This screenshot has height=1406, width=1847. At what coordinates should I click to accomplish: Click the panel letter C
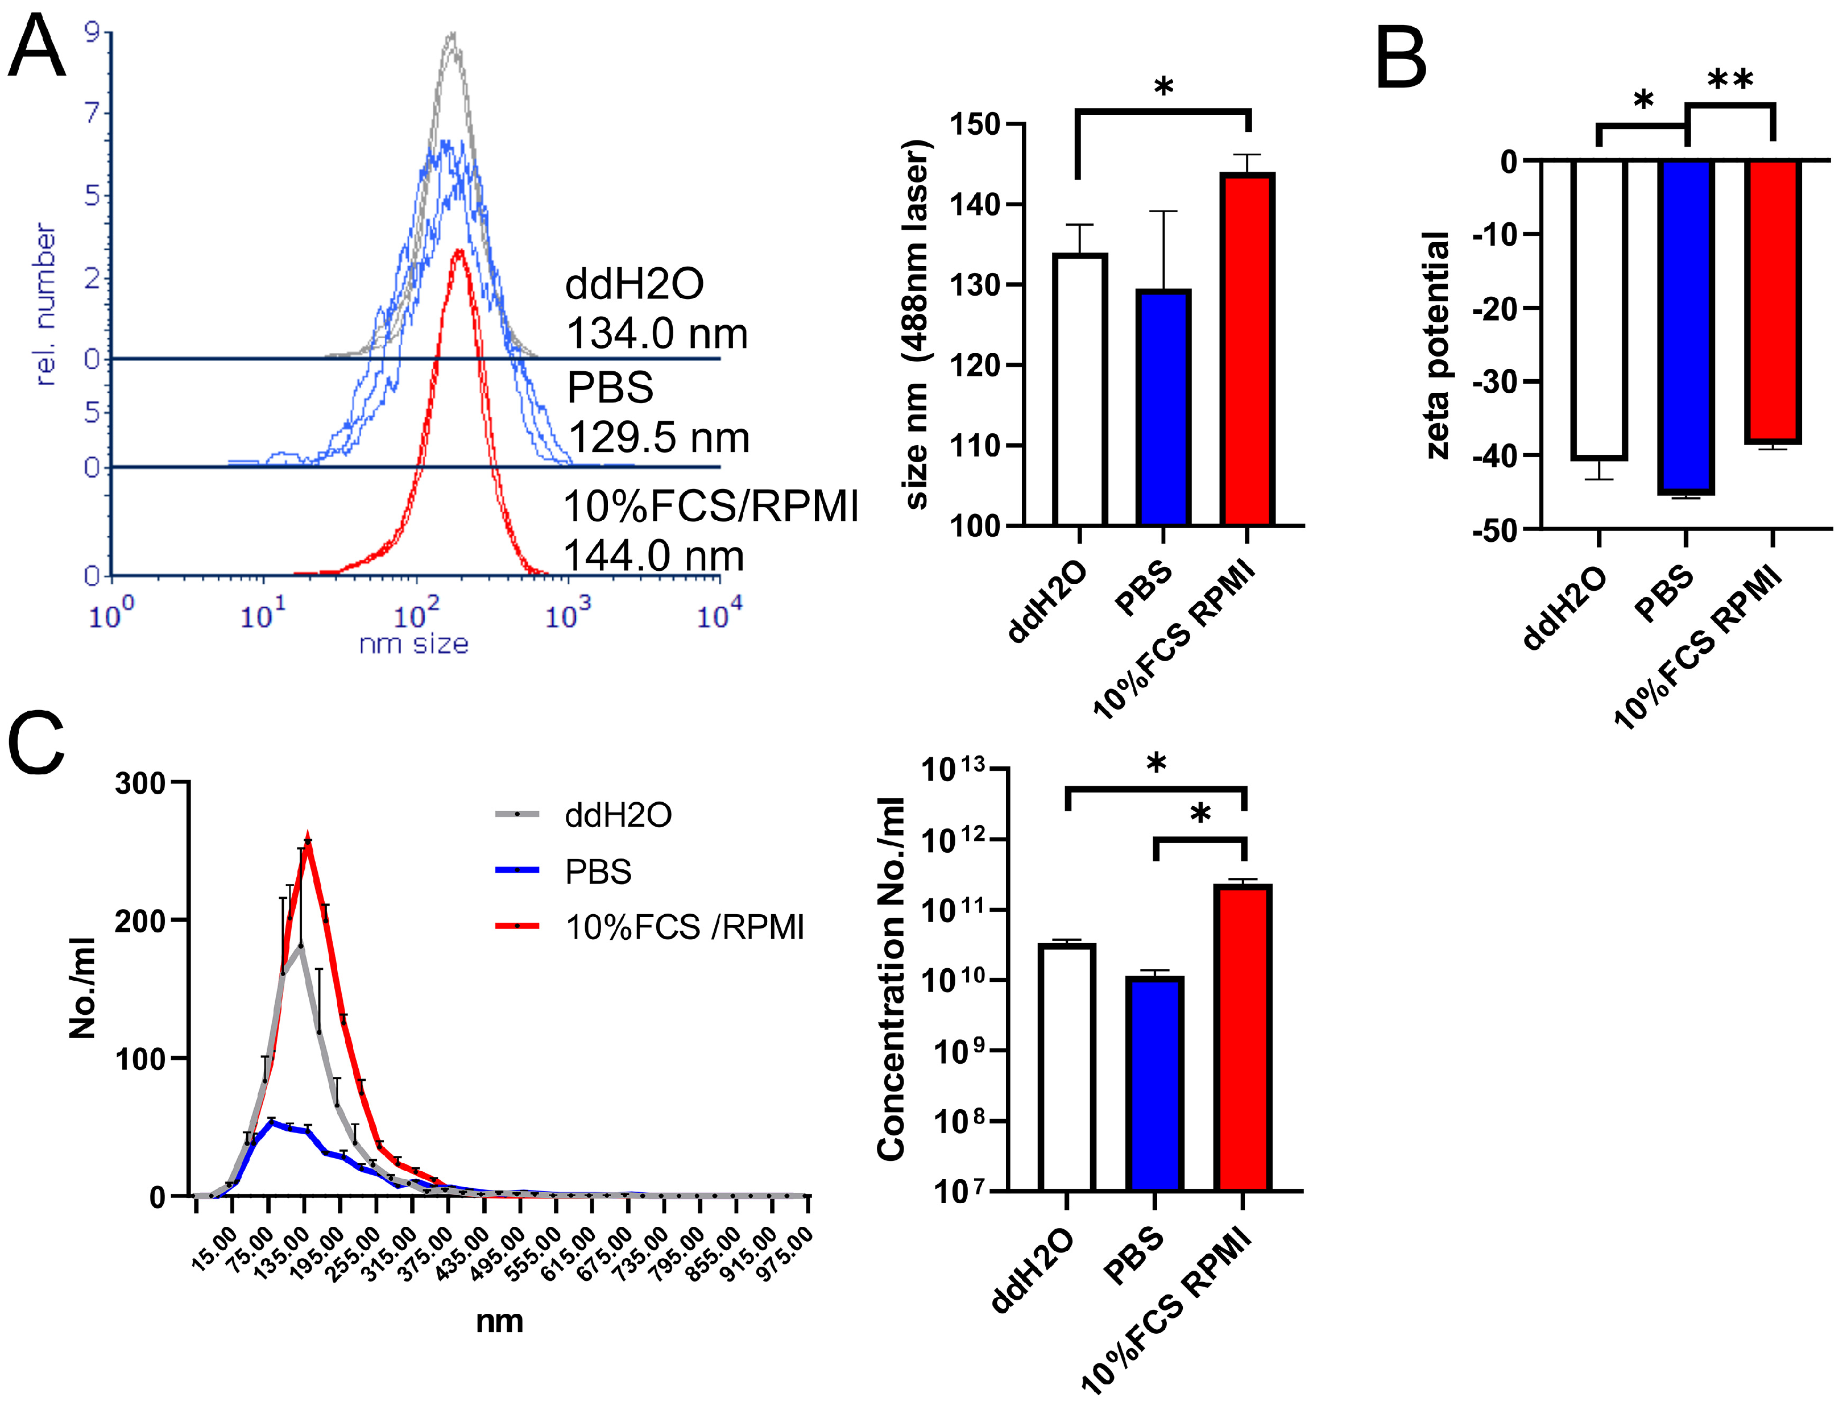(x=37, y=743)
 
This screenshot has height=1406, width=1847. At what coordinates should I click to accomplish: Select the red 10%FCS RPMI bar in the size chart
(x=1247, y=349)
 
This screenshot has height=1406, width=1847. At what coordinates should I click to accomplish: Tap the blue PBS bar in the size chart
(x=1163, y=408)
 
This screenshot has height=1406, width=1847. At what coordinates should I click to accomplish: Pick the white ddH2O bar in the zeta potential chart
(x=1598, y=310)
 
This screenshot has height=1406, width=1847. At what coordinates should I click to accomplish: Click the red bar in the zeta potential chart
(x=1773, y=301)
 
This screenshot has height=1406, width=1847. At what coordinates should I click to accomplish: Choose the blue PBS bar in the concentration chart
(x=1155, y=1083)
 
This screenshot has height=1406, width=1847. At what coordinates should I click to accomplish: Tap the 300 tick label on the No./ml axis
(x=140, y=783)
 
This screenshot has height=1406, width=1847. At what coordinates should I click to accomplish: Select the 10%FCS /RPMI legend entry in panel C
(x=649, y=927)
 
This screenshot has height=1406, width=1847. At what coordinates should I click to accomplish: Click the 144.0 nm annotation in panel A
(x=653, y=555)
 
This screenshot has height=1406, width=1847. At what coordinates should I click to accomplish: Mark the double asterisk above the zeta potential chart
(x=1730, y=81)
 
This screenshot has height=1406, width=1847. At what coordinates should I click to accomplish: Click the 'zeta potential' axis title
(x=1436, y=345)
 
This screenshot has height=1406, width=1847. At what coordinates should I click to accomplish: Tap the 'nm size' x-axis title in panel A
(x=413, y=644)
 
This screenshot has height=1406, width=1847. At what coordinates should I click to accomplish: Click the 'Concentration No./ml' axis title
(x=891, y=979)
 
